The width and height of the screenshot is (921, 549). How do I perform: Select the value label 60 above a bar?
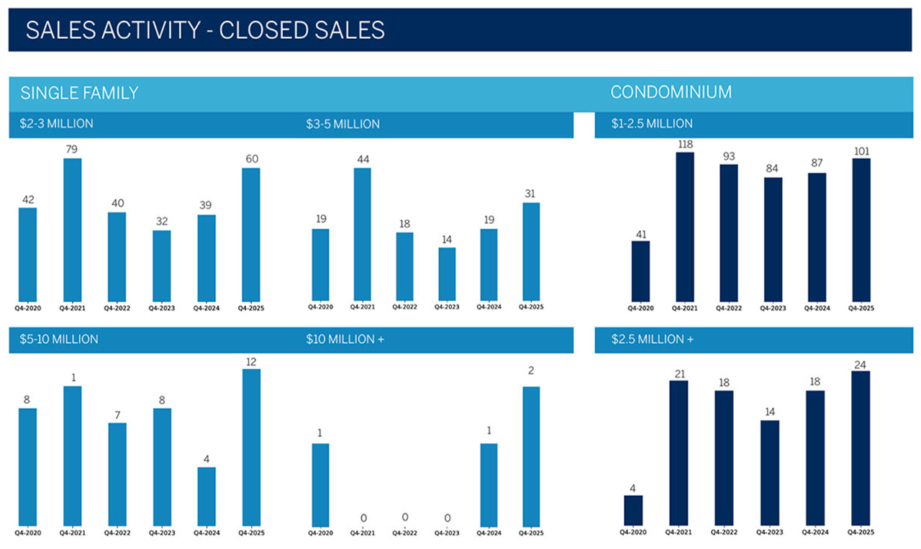click(x=251, y=159)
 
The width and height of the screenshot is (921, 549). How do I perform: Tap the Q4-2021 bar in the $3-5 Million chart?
click(x=362, y=234)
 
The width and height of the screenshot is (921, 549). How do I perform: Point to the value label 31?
click(x=530, y=194)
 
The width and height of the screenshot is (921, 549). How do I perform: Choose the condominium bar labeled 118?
click(x=685, y=226)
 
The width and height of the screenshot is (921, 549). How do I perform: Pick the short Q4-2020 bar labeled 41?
click(x=640, y=271)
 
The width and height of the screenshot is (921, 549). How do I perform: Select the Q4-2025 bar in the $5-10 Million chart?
click(x=251, y=447)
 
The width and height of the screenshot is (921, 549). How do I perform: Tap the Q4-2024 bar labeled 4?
click(x=207, y=496)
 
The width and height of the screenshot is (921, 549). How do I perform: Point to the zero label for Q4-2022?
click(x=405, y=517)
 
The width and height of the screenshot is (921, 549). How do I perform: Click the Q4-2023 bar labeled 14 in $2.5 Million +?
click(x=770, y=472)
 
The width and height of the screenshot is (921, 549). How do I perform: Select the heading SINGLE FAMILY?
click(x=79, y=93)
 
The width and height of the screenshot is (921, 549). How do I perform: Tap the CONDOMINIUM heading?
click(x=671, y=92)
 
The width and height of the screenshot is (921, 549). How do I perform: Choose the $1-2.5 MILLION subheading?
click(x=652, y=124)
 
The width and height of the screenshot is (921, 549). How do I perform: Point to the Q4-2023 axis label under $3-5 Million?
click(x=447, y=307)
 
